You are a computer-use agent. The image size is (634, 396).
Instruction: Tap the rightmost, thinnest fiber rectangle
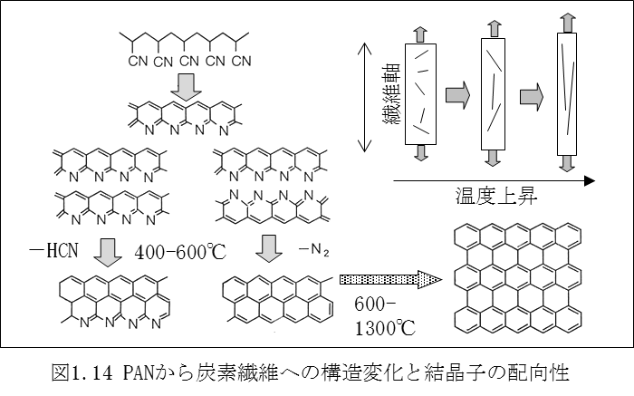[566, 93]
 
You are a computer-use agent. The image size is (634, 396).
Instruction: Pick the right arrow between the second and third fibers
[533, 93]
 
